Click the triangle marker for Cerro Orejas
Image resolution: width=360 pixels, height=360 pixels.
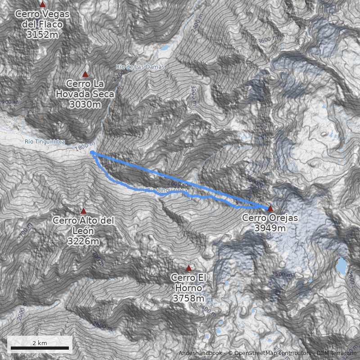pyautogui.click(x=270, y=208)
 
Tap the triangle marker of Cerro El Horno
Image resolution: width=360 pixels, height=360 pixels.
pyautogui.click(x=189, y=268)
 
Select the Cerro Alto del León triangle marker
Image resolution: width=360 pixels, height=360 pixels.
pyautogui.click(x=83, y=211)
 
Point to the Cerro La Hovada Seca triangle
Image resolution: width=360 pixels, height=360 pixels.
pyautogui.click(x=85, y=74)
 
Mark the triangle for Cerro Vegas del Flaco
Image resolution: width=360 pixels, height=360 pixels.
pyautogui.click(x=43, y=4)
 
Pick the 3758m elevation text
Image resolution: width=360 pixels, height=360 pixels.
pyautogui.click(x=189, y=298)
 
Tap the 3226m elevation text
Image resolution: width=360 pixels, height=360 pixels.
pyautogui.click(x=83, y=241)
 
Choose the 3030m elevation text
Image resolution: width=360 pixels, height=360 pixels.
pyautogui.click(x=85, y=104)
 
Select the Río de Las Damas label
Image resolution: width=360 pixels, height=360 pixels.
pyautogui.click(x=140, y=67)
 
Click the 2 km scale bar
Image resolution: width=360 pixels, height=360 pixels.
pyautogui.click(x=40, y=348)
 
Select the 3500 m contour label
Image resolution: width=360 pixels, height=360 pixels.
pyautogui.click(x=282, y=274)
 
